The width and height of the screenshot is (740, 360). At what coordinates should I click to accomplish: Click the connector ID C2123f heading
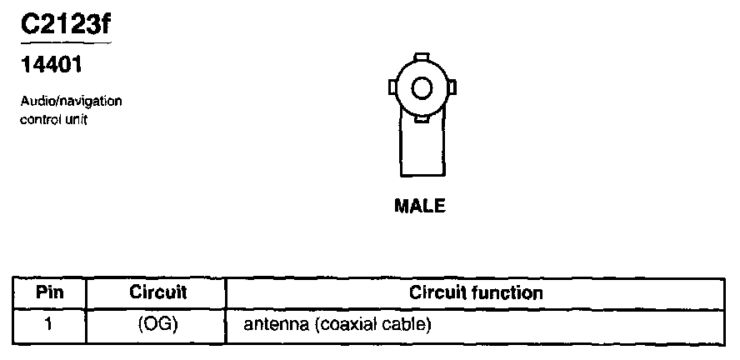coord(65,27)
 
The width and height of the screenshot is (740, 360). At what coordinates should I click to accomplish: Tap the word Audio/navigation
coord(72,102)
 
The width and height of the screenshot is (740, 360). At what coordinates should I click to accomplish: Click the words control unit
coord(53,118)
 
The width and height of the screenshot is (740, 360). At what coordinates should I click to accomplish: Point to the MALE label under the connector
coord(419,206)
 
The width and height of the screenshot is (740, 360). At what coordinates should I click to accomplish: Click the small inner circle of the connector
coord(422,87)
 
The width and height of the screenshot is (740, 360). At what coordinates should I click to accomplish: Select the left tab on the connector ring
coord(392,87)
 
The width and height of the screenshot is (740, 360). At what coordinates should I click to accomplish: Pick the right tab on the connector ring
coord(452,87)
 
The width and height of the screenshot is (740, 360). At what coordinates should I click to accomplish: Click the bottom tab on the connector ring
coord(422,117)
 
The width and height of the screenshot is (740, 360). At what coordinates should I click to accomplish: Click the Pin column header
coord(49,293)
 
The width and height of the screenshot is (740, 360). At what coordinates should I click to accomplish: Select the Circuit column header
coord(157,293)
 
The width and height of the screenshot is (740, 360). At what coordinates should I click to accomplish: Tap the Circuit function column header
coord(476,293)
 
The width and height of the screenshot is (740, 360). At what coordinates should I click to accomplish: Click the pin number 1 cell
coord(49,322)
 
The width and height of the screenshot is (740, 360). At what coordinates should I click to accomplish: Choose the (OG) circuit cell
coord(157,323)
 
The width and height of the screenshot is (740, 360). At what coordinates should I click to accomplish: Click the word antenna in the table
coord(272,323)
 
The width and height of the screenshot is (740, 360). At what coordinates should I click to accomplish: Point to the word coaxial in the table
coord(343,323)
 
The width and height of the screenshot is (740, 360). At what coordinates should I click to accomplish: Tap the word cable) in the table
coord(405,323)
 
